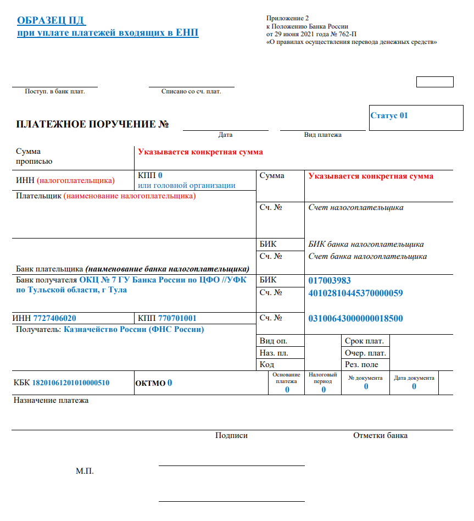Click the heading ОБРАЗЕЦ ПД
51,21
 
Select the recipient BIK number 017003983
330,280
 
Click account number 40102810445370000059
355,293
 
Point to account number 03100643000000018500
355,318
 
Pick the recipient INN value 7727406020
54,318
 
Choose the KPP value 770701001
177,318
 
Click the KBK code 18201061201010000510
71,383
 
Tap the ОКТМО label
150,383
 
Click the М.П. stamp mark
85,472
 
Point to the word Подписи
231,436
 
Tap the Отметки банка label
380,436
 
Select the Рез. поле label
361,364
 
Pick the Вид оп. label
273,341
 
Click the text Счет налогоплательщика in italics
356,208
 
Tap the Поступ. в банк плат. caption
55,91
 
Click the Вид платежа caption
323,135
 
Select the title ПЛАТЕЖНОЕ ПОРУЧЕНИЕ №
92,124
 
